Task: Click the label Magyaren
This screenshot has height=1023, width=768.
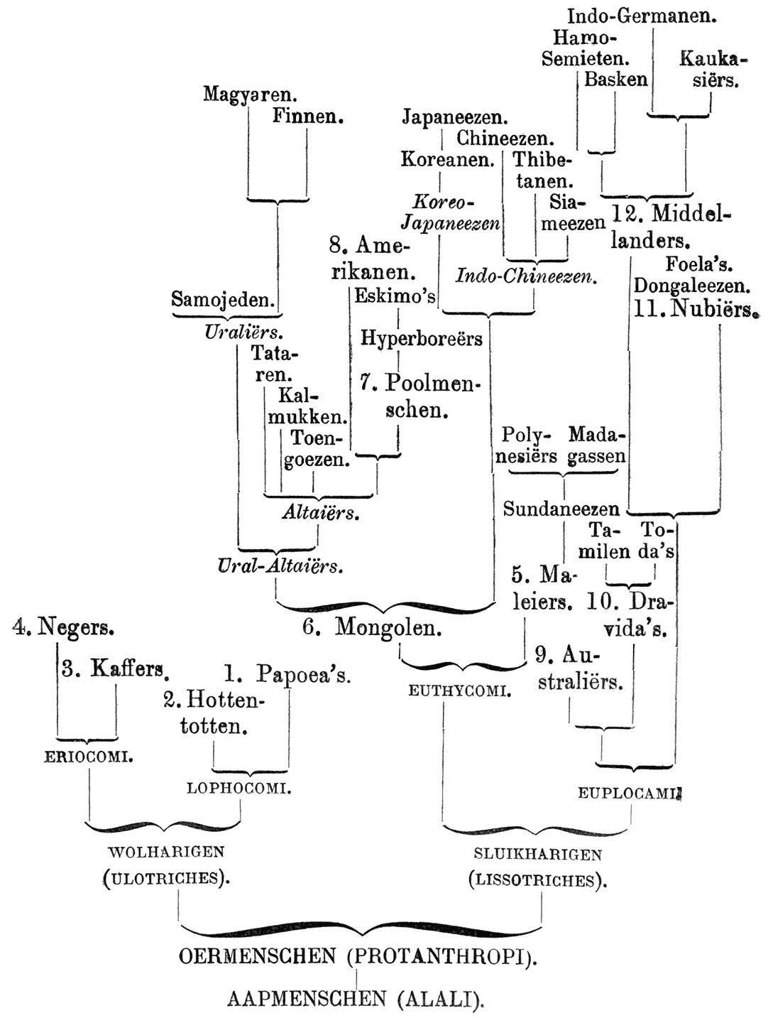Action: pyautogui.click(x=249, y=94)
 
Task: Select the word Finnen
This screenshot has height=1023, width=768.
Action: pyautogui.click(x=307, y=116)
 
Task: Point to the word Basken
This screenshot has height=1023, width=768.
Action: pyautogui.click(x=615, y=79)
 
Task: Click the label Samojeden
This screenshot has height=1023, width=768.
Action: pyautogui.click(x=224, y=300)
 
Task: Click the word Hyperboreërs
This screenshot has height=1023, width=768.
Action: pyautogui.click(x=422, y=338)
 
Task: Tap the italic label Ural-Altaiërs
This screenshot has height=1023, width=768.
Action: pyautogui.click(x=281, y=566)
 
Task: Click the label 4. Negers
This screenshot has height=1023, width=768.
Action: pyautogui.click(x=64, y=627)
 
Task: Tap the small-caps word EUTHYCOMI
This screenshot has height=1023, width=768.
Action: pyautogui.click(x=460, y=690)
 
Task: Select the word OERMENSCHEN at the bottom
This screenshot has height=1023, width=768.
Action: pyautogui.click(x=257, y=957)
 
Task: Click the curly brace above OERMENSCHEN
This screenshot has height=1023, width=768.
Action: pyautogui.click(x=362, y=928)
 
